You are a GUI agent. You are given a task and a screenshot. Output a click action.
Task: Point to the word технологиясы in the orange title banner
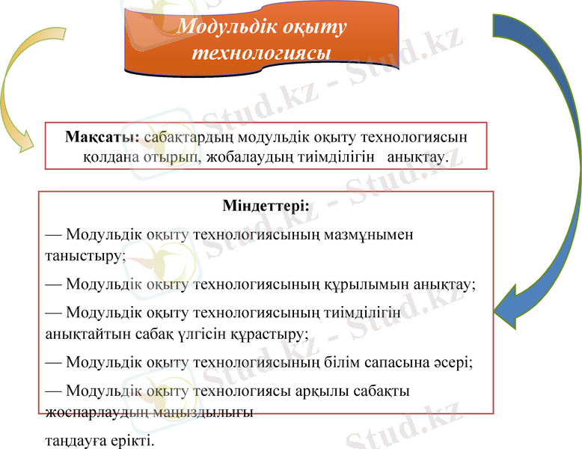click(262, 53)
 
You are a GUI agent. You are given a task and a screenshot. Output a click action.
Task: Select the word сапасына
click(389, 362)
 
